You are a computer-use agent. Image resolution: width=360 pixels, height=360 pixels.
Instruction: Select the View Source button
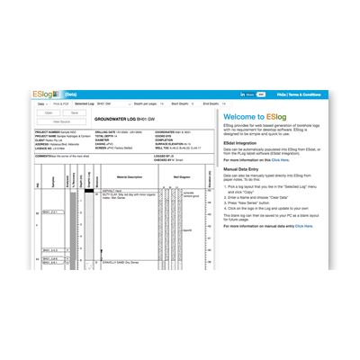[x=62, y=121]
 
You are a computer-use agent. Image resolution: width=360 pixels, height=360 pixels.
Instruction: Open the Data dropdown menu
[x=42, y=104]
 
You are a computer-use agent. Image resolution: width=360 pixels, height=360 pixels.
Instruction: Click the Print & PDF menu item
[x=60, y=104]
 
